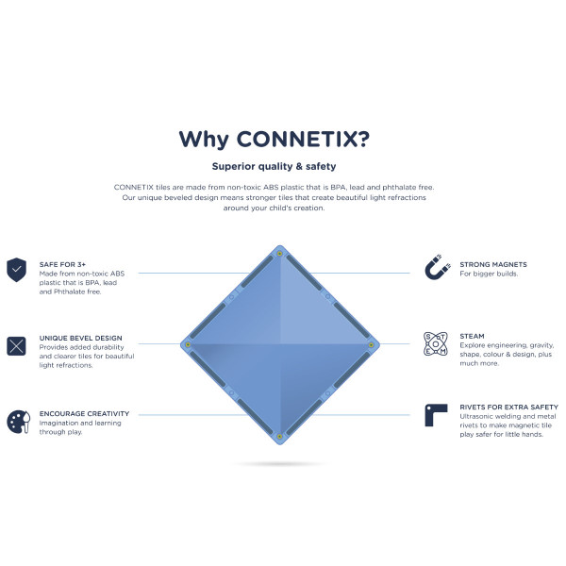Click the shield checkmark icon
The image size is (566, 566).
16,270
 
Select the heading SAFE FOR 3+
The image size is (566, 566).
62,264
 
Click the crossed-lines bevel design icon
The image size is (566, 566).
16,345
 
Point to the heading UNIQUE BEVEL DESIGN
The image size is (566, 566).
81,338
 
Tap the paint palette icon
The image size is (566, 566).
16,420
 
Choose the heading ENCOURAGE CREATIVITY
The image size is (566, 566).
85,414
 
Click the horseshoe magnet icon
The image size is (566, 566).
435,269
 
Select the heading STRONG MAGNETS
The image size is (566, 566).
493,264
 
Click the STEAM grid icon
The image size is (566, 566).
435,344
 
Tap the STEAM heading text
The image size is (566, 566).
473,335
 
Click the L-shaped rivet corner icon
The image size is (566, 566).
435,415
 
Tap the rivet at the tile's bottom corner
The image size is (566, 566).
279,435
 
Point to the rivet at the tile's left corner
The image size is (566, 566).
188,344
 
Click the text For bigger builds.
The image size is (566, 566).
488,274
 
